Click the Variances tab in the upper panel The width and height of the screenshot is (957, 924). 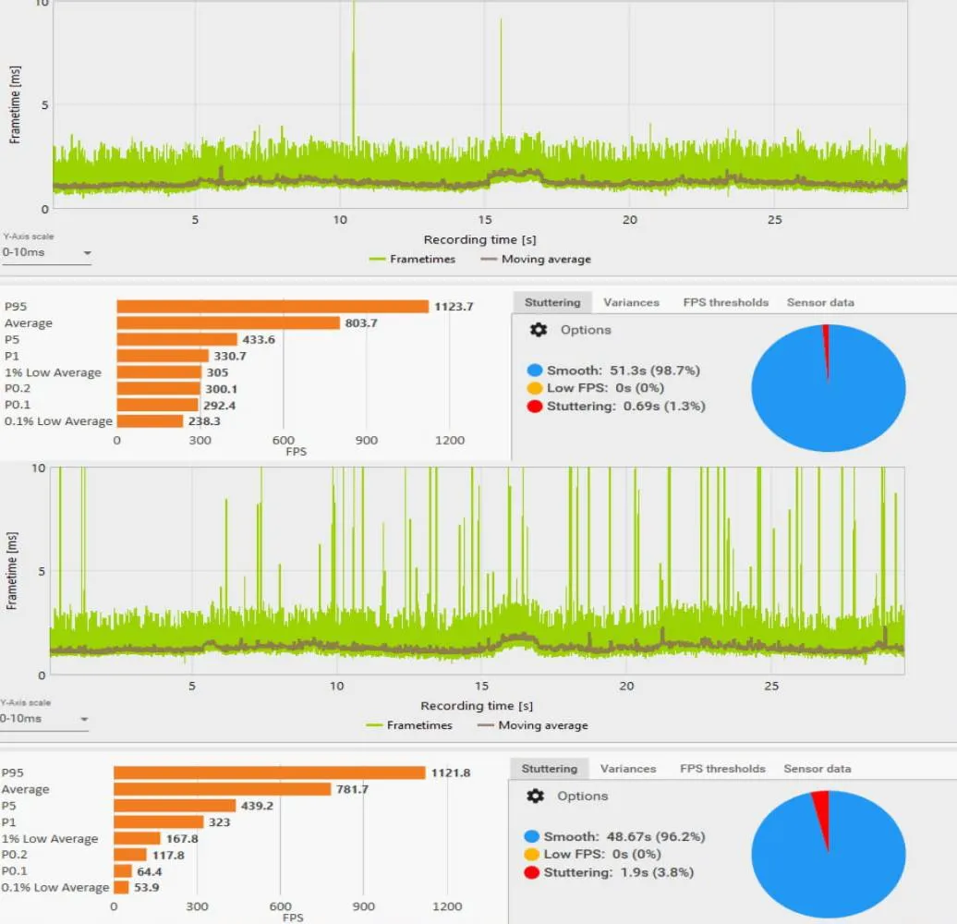point(631,302)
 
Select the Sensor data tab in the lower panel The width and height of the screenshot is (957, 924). point(818,769)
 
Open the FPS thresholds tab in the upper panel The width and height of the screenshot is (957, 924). point(726,302)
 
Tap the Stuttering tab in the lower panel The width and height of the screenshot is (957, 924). point(550,769)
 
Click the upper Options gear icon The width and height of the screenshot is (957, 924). point(539,330)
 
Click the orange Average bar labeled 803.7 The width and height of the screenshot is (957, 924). point(228,322)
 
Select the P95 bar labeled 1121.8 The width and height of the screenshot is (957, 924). point(269,772)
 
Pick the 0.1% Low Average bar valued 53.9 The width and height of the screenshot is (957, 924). point(121,887)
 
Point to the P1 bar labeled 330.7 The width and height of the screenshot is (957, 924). point(163,356)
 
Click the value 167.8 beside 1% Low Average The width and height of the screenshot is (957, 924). point(182,839)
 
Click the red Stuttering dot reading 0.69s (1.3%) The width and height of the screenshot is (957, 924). point(535,406)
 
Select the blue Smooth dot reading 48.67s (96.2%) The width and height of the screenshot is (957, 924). point(531,836)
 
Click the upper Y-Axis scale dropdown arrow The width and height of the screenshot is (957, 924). point(87,252)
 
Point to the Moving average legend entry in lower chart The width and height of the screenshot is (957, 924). point(533,725)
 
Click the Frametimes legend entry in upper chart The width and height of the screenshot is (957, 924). point(413,259)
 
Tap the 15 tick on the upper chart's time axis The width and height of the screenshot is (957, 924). point(485,220)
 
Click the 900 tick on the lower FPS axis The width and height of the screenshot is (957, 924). point(363,906)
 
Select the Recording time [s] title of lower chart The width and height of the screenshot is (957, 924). point(477,706)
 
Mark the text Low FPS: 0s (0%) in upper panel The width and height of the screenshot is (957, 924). point(605,387)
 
